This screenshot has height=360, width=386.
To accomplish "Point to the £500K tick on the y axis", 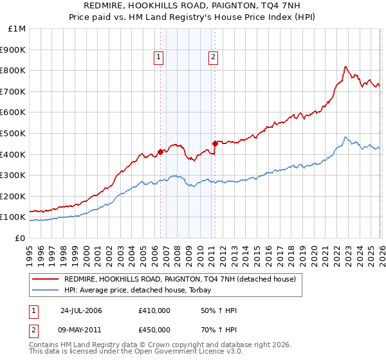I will point(13,133).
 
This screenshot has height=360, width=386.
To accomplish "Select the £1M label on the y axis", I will point(17,28).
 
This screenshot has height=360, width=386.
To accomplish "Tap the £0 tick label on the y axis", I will point(19,238).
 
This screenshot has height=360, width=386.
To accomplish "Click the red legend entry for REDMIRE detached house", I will point(179,279).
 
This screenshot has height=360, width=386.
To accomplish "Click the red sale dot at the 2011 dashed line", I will point(214,143).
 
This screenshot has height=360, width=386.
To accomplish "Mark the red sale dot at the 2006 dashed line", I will point(160,152).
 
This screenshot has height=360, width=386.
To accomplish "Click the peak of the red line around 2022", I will point(345,66).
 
